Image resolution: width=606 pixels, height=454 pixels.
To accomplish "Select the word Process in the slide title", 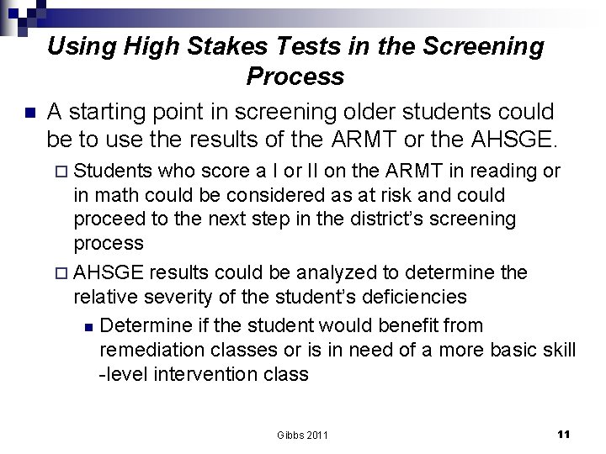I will tap(295, 77).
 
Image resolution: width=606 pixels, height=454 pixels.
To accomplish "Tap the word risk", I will tap(383, 195).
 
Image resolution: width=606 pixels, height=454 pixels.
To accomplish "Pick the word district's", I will tap(414, 219).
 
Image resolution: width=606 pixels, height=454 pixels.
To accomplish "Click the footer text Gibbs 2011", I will tap(302, 435).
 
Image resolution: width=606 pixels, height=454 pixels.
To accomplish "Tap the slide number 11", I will tap(563, 434).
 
